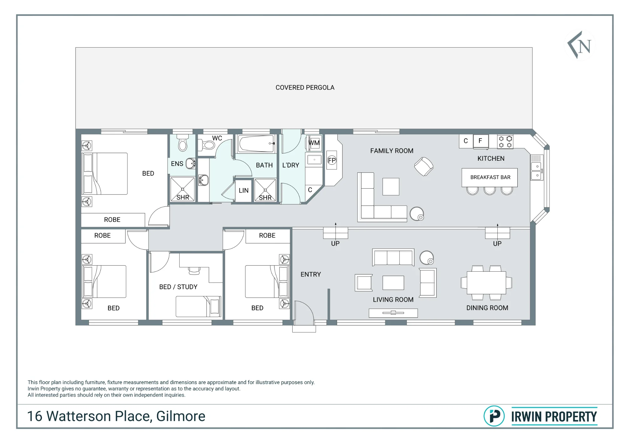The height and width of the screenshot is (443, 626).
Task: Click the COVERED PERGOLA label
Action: tap(305, 88)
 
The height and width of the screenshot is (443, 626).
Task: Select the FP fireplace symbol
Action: tap(331, 160)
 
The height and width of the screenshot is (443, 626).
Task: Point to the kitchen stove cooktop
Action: tap(505, 142)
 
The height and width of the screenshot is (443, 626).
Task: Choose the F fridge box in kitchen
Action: tap(480, 141)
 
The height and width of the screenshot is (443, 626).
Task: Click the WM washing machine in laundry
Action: tap(314, 143)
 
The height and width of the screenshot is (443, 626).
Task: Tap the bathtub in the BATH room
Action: tap(256, 144)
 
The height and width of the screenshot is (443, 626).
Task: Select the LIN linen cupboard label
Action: tap(244, 190)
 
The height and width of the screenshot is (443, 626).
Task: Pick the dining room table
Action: tap(486, 283)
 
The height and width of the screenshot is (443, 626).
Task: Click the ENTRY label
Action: tap(311, 274)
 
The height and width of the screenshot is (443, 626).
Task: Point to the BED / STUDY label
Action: tap(178, 287)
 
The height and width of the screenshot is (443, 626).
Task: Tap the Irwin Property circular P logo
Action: tap(494, 416)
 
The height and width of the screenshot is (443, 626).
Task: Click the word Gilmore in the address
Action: tap(181, 416)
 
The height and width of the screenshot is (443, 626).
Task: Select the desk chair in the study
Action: tap(194, 270)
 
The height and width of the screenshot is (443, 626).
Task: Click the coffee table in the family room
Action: tap(391, 187)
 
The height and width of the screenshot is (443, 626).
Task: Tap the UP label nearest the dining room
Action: tap(497, 244)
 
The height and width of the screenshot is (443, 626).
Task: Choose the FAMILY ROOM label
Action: tap(392, 151)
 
